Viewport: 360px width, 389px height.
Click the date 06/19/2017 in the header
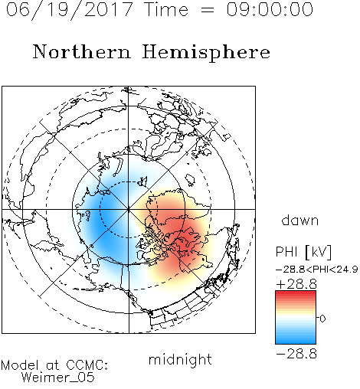[x=70, y=10]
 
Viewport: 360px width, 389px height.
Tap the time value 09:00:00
[x=270, y=9]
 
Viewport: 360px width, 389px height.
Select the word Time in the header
[x=166, y=9]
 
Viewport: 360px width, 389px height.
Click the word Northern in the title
[x=82, y=51]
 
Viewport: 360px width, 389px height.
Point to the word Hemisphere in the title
[x=206, y=53]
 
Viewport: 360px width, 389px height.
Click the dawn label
[x=300, y=220]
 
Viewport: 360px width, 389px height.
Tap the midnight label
[x=180, y=359]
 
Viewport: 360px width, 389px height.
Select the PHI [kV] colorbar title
[x=303, y=252]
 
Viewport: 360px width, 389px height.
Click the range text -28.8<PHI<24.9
[x=317, y=269]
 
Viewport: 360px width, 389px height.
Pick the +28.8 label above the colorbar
[x=296, y=284]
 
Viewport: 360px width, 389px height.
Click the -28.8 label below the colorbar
[x=296, y=354]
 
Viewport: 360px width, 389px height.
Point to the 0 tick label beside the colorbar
[x=322, y=319]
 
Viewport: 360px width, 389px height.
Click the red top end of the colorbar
[x=296, y=293]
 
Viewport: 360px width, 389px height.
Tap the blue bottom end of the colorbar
[x=296, y=342]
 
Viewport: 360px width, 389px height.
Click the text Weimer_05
[x=58, y=378]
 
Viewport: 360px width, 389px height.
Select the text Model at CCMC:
[x=54, y=365]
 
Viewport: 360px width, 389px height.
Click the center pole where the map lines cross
[x=129, y=209]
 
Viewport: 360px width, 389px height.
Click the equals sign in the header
[x=208, y=10]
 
